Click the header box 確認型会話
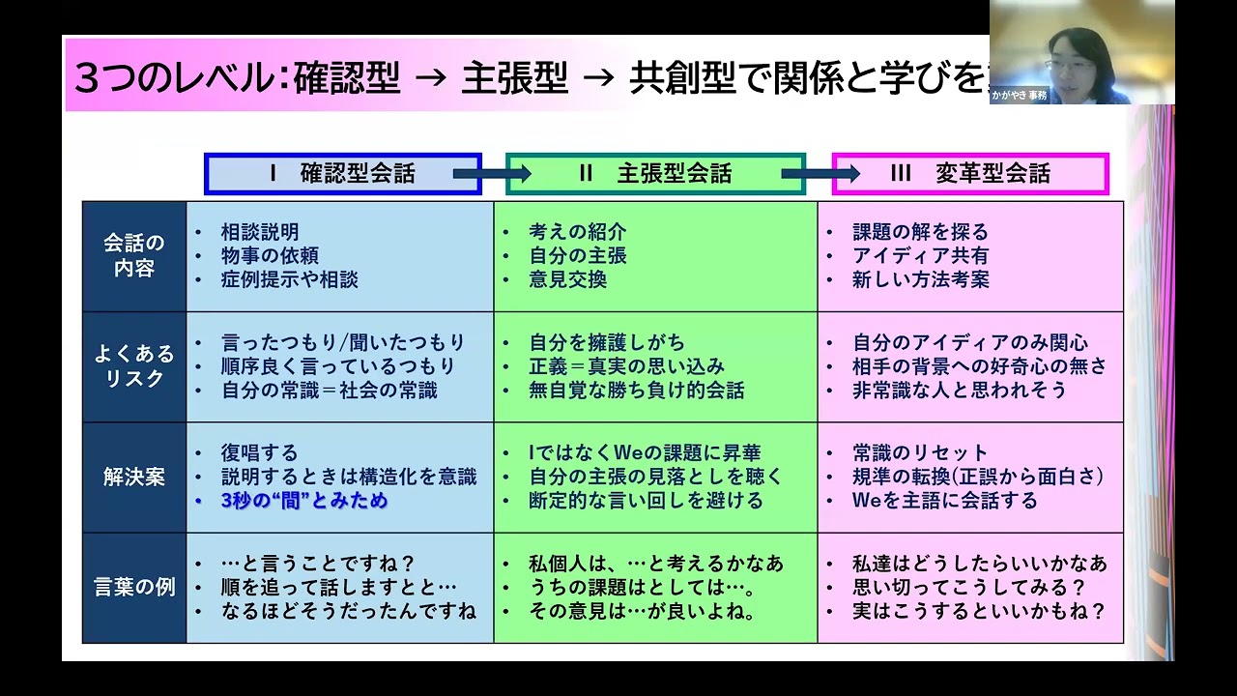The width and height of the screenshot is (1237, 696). (343, 174)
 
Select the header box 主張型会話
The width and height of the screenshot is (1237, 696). (655, 174)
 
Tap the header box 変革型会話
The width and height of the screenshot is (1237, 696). (969, 174)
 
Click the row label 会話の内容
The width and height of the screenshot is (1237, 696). (133, 256)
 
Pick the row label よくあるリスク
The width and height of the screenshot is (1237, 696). (133, 366)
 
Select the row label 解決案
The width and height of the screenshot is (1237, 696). (133, 478)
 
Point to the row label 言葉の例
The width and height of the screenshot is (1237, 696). (133, 588)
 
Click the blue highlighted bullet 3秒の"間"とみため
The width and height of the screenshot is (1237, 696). (303, 501)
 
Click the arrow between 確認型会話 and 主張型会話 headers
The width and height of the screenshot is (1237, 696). (493, 174)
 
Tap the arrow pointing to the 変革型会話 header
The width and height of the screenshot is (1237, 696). (820, 174)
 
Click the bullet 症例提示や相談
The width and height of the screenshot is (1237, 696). (289, 279)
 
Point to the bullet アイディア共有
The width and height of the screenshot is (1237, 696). (920, 256)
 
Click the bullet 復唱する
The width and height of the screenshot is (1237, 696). (259, 453)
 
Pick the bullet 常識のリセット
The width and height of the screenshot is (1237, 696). (920, 453)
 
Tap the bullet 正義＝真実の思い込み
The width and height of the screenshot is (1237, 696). (626, 366)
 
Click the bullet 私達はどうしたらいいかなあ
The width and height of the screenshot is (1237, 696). (979, 564)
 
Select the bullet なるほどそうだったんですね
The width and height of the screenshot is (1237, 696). (348, 611)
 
